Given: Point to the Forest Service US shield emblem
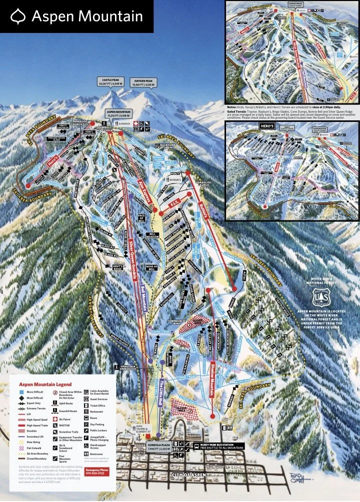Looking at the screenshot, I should click(x=319, y=296).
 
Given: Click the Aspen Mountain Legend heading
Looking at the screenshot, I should click(x=45, y=385).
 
